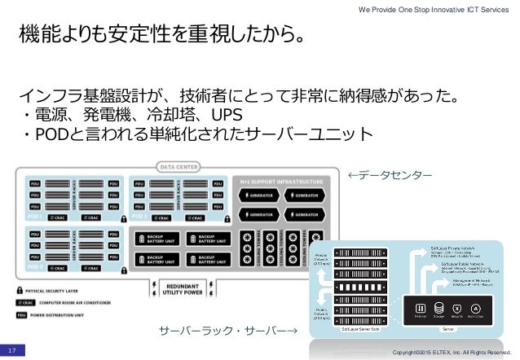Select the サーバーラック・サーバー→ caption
point(228,332)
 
